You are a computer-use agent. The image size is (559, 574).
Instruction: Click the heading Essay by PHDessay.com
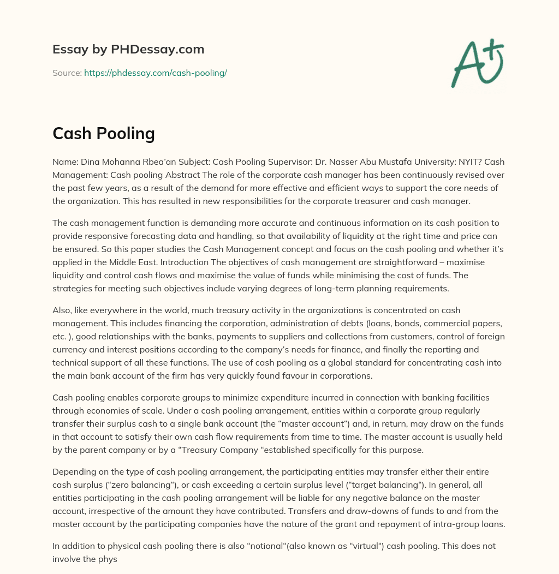[x=128, y=50]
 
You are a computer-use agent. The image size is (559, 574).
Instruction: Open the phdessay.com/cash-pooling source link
[x=155, y=73]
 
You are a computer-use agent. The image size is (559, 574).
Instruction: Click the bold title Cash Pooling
[x=104, y=134]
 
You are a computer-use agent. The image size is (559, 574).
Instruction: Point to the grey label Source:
[x=67, y=73]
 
